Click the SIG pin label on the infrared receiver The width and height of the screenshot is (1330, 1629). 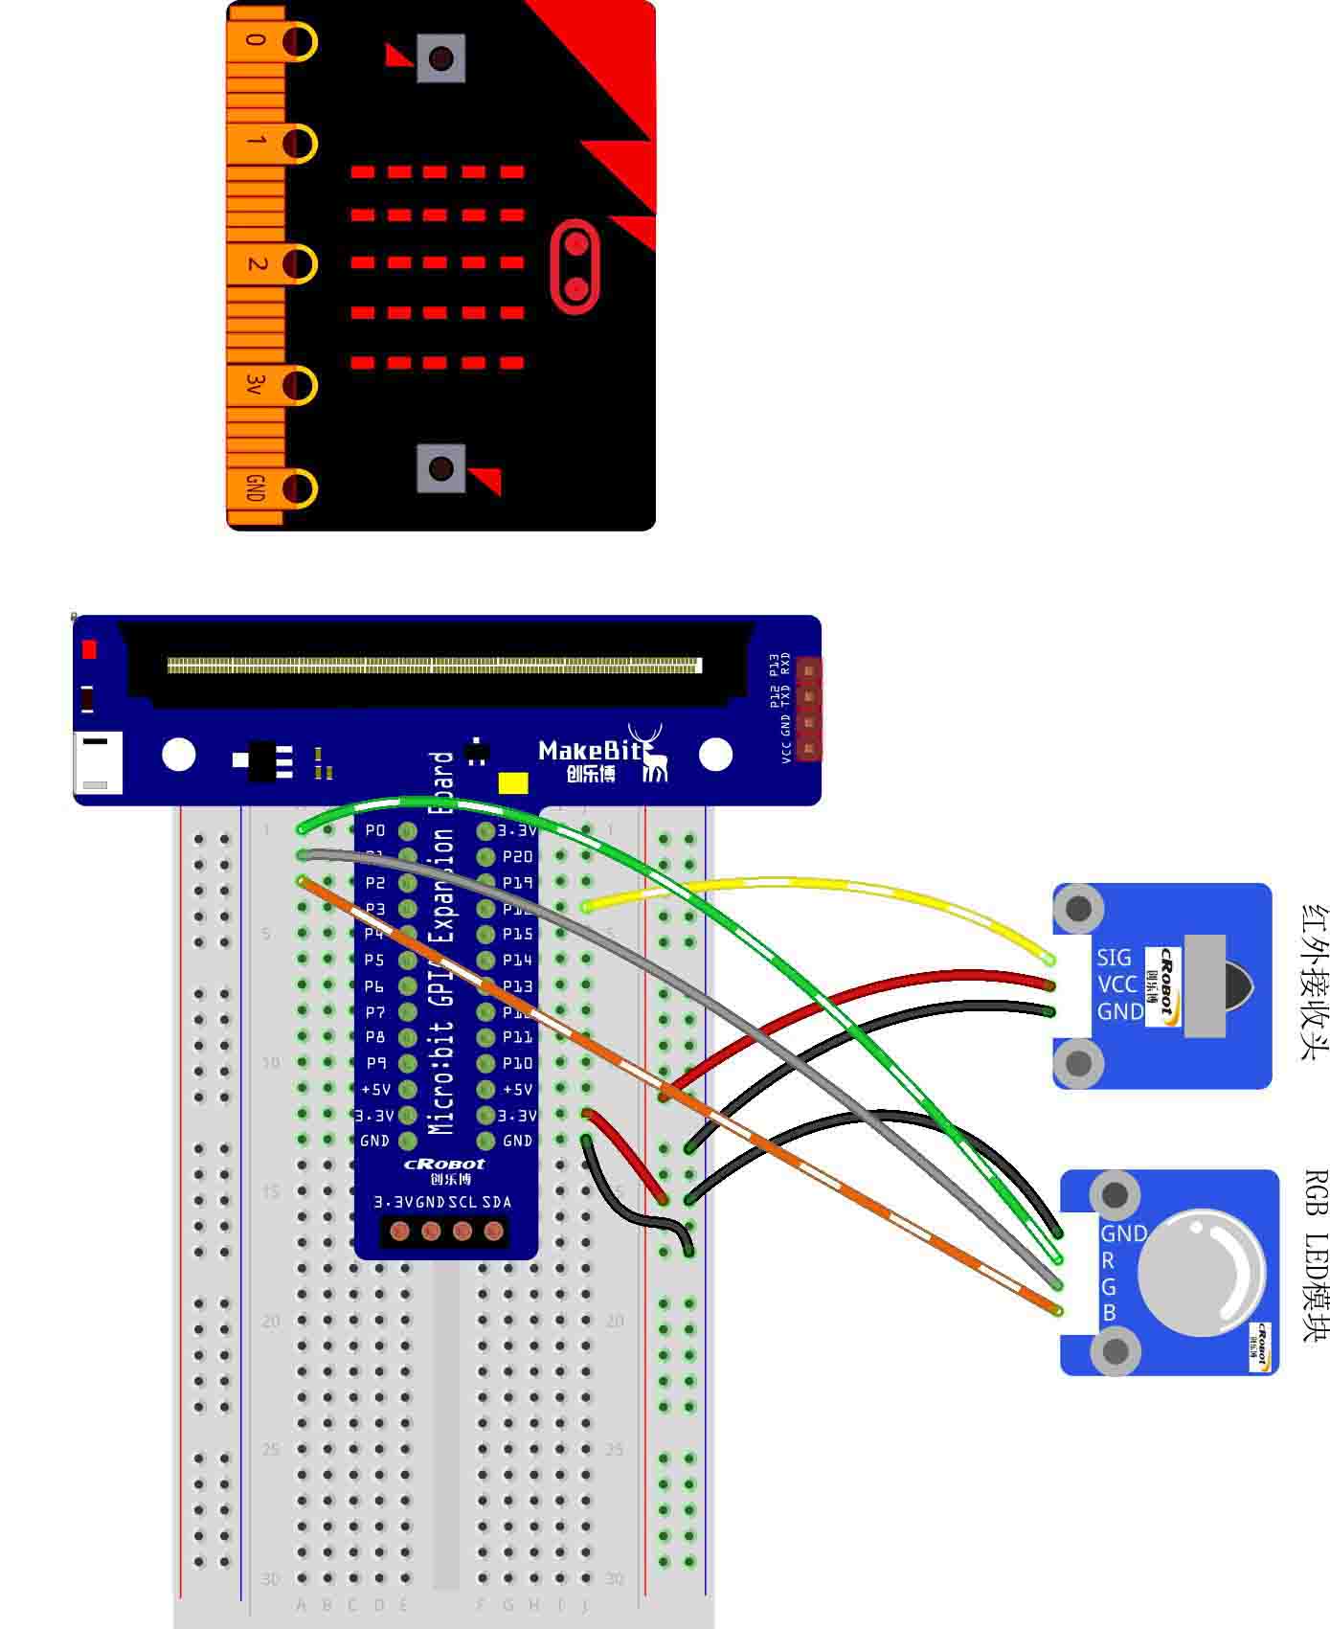click(1114, 957)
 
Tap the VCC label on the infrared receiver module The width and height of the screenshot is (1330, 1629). click(1116, 984)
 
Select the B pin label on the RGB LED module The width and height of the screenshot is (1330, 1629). click(1109, 1313)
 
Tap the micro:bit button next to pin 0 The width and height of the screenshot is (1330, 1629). click(440, 58)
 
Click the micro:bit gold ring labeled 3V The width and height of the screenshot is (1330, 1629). click(299, 385)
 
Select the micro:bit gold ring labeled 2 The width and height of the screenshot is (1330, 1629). click(299, 263)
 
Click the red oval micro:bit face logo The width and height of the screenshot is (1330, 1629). click(575, 266)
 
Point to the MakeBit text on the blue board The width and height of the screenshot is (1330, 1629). click(590, 750)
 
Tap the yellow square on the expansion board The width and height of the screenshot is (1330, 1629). click(513, 783)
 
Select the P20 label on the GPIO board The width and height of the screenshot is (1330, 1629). click(517, 856)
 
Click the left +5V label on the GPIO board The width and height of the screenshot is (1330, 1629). click(375, 1089)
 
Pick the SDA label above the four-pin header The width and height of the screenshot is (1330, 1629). click(496, 1202)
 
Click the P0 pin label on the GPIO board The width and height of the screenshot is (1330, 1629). click(375, 830)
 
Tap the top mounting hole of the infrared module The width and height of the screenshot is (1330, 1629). click(1079, 908)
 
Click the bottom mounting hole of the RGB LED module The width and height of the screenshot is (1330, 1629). click(1116, 1351)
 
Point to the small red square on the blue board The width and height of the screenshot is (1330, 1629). click(89, 649)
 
